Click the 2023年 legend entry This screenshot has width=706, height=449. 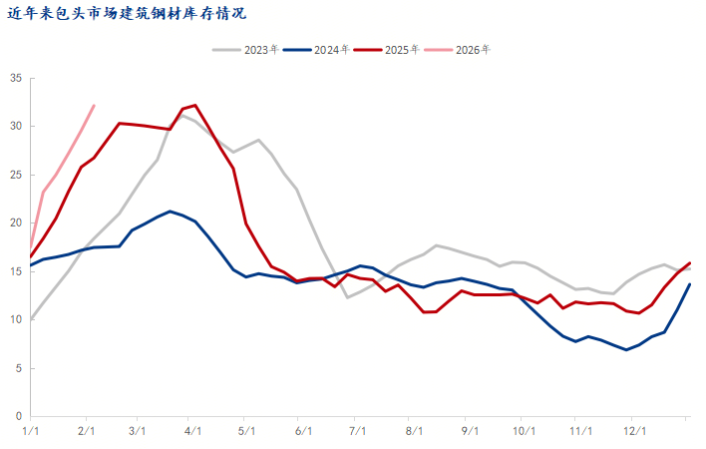[262, 49]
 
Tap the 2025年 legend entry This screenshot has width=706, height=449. [404, 49]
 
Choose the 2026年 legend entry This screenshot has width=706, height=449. [474, 49]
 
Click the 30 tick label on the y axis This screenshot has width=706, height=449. [16, 127]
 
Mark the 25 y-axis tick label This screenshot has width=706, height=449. [16, 175]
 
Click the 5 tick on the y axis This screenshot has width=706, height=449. [19, 368]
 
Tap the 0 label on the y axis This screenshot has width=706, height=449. [19, 416]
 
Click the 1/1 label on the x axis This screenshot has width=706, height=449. [31, 431]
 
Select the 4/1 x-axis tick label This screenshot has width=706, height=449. [192, 431]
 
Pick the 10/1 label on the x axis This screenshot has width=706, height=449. [522, 431]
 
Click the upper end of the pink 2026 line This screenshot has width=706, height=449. [94, 105]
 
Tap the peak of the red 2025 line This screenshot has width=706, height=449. [194, 105]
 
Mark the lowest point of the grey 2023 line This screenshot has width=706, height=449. [347, 297]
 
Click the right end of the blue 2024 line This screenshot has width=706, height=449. [690, 284]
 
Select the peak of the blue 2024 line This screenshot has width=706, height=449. [170, 212]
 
